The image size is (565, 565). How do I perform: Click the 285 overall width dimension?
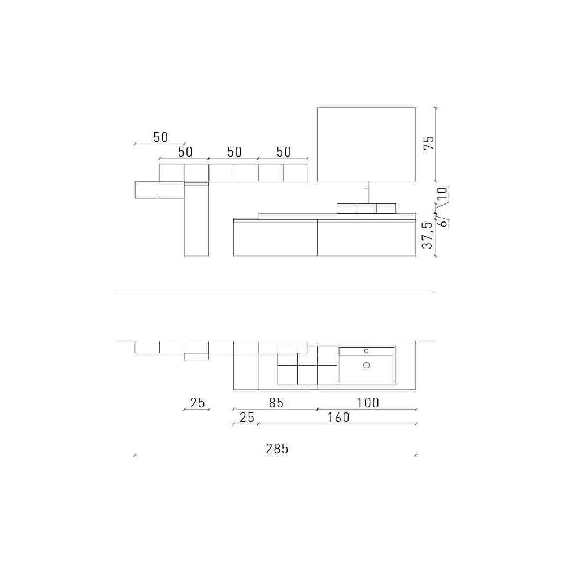(x=277, y=449)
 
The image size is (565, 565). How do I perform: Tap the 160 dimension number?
(x=338, y=418)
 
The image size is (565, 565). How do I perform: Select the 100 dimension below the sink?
(x=368, y=402)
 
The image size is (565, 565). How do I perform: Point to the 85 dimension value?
(x=276, y=402)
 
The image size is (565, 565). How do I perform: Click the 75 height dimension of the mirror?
(x=429, y=144)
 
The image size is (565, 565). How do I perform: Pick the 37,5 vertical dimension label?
(x=427, y=235)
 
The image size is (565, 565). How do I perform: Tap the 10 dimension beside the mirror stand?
(x=442, y=194)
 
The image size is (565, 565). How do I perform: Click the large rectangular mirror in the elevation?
(x=367, y=144)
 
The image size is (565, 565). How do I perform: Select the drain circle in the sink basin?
(x=367, y=366)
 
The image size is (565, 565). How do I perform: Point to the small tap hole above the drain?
(x=367, y=351)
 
